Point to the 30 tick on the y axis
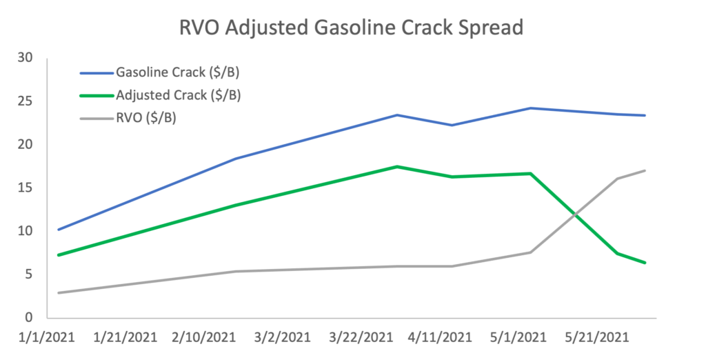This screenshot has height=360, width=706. coord(26,58)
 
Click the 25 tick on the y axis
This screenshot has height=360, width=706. coord(26,101)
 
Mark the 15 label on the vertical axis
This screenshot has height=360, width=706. coord(26,188)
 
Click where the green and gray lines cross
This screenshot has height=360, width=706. coord(574,215)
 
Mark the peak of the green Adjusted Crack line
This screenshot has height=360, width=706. coord(396,166)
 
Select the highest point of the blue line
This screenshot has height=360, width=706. coord(530,108)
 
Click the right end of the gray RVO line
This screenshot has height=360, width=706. coord(645,170)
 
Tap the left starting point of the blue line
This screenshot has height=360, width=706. coord(59,230)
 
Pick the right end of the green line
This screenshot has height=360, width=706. coord(645,263)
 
